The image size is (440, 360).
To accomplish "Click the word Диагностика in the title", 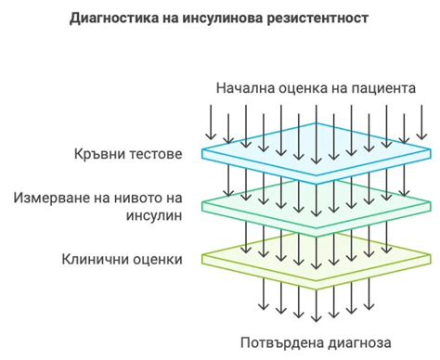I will (113, 19).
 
